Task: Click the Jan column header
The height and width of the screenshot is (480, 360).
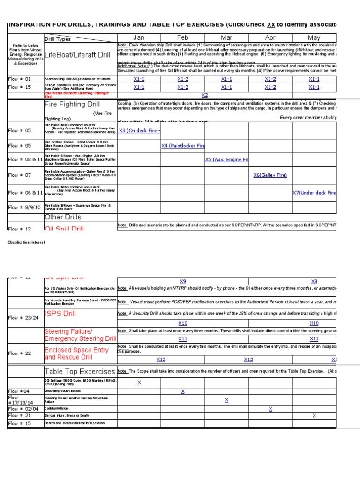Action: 139,37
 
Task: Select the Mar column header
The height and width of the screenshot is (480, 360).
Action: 226,37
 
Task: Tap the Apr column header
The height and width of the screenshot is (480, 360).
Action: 270,37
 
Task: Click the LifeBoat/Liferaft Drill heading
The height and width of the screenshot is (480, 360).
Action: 77,55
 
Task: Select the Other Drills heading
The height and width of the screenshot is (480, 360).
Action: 63,217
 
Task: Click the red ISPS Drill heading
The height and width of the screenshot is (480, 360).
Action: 60,313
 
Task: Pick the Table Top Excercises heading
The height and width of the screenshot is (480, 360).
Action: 79,371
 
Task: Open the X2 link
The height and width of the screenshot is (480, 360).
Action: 205,95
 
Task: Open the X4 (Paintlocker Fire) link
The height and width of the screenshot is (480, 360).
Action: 183,146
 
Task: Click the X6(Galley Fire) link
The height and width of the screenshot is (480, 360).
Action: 270,175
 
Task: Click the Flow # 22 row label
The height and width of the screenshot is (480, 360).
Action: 19,353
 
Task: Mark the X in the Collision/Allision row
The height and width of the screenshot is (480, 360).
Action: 270,409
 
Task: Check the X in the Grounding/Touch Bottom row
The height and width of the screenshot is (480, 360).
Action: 183,391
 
